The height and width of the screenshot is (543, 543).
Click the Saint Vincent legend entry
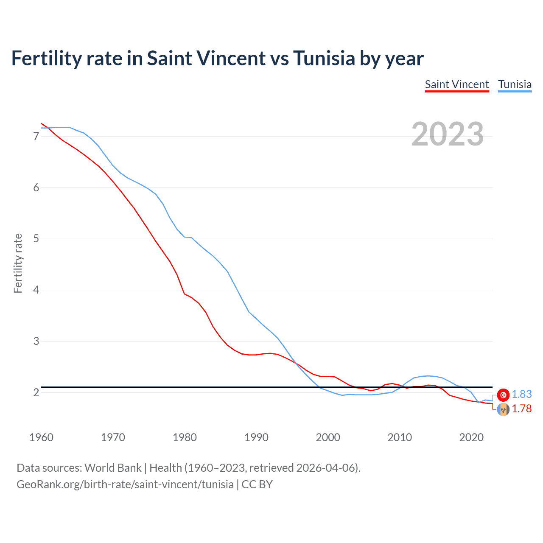(457, 84)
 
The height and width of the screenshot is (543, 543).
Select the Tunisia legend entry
(515, 84)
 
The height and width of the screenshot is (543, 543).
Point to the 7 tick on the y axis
(36, 136)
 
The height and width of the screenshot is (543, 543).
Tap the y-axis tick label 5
(36, 239)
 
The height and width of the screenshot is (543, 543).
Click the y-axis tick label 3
(36, 341)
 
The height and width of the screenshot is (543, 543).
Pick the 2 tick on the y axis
(36, 392)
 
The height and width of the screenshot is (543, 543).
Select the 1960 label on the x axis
(41, 437)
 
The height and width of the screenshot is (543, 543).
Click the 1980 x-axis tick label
(185, 437)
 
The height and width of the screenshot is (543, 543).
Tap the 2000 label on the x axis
(328, 437)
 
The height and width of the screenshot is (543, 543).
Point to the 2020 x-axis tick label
(471, 437)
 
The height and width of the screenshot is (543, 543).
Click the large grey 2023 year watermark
(447, 134)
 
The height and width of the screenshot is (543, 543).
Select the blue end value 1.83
(521, 395)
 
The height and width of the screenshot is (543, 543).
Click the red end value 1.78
(521, 409)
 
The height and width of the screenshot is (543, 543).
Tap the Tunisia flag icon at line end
(503, 395)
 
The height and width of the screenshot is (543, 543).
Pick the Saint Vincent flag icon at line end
(503, 410)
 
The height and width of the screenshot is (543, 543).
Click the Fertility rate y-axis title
(18, 263)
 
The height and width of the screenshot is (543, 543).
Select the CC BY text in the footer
(257, 484)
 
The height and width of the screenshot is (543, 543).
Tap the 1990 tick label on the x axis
(256, 437)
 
